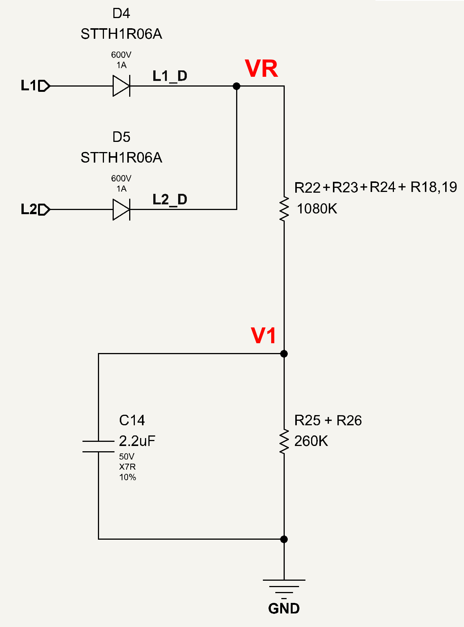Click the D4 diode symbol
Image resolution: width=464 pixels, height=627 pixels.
coord(121,86)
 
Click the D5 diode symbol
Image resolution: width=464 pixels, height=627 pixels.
coord(121,210)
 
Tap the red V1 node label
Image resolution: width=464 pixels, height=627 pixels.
coord(263,336)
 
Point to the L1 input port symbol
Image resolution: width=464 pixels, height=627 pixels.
coord(44,86)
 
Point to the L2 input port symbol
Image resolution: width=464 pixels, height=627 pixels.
coord(44,210)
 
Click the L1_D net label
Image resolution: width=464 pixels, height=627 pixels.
coord(170,76)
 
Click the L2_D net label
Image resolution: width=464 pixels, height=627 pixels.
coord(170,199)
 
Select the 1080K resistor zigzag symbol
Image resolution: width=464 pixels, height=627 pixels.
coord(284,209)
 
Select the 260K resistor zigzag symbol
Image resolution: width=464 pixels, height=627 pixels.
coord(284,441)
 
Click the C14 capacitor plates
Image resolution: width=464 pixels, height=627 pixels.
coord(98,446)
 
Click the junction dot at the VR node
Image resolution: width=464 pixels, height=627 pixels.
coord(237,86)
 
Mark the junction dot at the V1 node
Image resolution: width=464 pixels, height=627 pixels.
coord(284,354)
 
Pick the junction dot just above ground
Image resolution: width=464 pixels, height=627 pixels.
coord(284,539)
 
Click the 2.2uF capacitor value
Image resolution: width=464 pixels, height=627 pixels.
coord(137,441)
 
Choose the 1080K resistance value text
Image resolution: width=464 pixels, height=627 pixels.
coord(317,209)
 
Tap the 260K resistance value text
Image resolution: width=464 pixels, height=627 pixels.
coord(311,441)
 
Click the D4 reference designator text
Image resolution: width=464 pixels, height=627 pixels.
coord(121,13)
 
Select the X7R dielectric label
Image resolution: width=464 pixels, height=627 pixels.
coord(127,467)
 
